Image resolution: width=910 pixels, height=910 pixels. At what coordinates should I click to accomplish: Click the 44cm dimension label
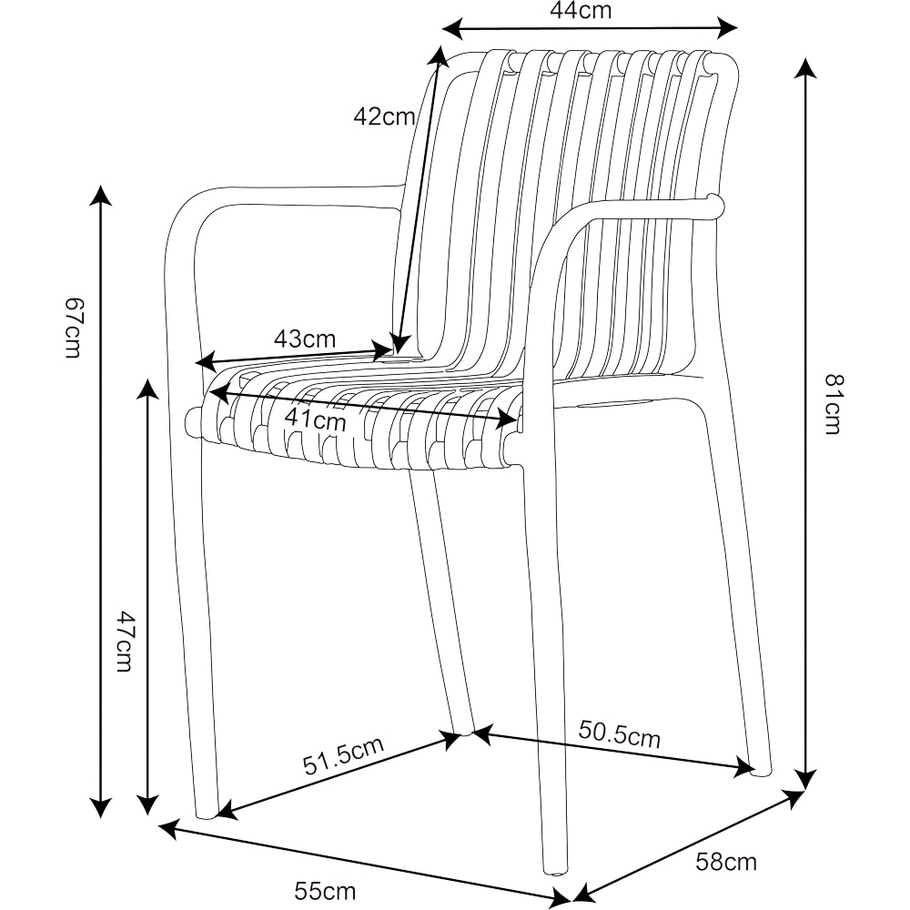coord(581,11)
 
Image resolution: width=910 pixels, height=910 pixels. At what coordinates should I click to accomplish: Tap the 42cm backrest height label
coord(384,116)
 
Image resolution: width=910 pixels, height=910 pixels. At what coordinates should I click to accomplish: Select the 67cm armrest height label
coord(74,328)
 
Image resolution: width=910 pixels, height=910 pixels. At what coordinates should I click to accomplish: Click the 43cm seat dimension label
coord(305,339)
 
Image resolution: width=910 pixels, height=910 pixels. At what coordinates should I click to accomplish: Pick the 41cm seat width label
coord(316,420)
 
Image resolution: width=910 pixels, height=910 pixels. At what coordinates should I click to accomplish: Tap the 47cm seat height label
coord(126,642)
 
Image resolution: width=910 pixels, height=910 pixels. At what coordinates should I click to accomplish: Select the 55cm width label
coord(325,890)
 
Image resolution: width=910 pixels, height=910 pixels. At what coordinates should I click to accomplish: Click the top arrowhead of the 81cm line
coord(804,69)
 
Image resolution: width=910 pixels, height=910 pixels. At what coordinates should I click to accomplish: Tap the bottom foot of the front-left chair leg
coord(207,812)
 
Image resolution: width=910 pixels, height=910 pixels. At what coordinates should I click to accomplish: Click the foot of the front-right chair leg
coord(554,869)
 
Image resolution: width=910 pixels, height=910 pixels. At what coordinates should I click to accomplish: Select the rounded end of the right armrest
coord(715,207)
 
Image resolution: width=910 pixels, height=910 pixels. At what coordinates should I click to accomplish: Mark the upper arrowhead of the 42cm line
coord(440,56)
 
